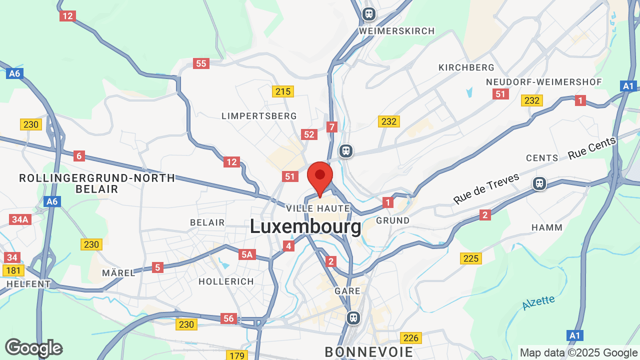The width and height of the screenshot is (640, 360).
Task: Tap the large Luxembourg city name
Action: [305, 226]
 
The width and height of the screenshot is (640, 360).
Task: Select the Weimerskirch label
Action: [397, 31]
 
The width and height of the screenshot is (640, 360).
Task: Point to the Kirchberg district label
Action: [466, 67]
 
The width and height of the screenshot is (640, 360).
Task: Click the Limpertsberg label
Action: [259, 116]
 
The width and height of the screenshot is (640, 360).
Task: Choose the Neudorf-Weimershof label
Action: [544, 82]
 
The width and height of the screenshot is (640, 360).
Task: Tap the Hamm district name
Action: [547, 227]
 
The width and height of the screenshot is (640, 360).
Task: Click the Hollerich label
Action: [226, 281]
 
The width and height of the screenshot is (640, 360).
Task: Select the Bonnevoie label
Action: [369, 352]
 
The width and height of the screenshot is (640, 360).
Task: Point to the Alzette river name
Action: [538, 302]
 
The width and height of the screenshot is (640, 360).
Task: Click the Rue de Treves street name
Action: [486, 188]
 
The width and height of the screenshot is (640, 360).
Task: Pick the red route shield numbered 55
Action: [201, 63]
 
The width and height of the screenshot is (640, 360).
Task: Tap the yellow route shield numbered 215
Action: [282, 91]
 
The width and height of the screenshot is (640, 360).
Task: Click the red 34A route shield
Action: [20, 219]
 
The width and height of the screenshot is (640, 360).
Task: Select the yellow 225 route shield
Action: [471, 258]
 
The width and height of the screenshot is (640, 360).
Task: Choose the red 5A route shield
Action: [247, 254]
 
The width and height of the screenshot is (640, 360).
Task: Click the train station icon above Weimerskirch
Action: [369, 14]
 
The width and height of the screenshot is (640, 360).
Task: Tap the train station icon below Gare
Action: [353, 317]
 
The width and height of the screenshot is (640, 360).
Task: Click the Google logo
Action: [33, 348]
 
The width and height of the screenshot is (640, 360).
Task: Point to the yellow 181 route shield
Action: [13, 270]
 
